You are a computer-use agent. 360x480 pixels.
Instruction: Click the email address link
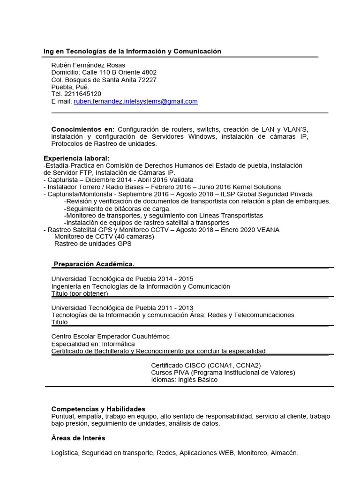click(x=135, y=101)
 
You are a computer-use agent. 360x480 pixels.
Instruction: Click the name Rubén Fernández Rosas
click(x=88, y=65)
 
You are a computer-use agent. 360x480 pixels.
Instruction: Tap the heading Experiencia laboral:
click(x=76, y=158)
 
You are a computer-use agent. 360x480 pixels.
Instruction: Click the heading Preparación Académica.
click(x=94, y=264)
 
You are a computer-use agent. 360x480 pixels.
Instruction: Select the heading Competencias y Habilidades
click(x=98, y=409)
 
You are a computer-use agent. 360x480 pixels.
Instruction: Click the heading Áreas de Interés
click(x=78, y=438)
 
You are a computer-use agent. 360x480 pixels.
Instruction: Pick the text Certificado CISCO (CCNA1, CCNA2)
click(x=206, y=366)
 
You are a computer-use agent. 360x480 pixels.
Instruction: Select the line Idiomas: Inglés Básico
click(x=184, y=380)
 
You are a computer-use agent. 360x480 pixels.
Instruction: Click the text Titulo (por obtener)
click(x=80, y=293)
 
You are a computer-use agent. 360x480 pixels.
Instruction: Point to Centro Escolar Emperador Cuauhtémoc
click(x=110, y=337)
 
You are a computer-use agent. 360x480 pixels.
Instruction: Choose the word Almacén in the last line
click(x=284, y=453)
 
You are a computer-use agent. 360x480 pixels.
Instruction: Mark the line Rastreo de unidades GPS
click(x=93, y=244)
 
